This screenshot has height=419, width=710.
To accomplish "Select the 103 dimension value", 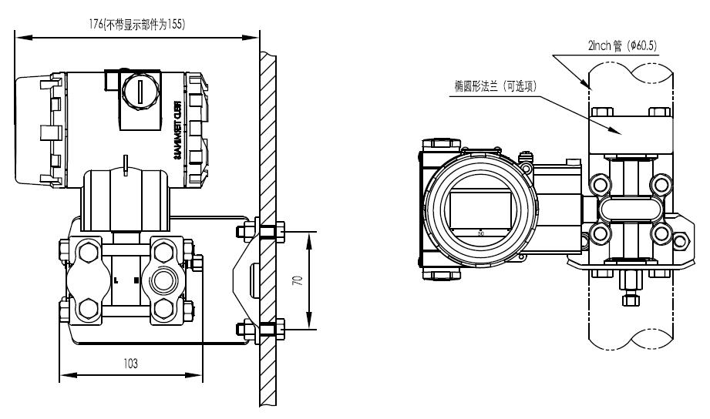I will pyautogui.click(x=131, y=363).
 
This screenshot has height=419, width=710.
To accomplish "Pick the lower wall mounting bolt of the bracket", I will pyautogui.click(x=261, y=330).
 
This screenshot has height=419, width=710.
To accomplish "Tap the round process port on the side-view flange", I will pyautogui.click(x=164, y=279).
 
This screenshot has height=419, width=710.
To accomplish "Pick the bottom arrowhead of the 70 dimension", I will pyautogui.click(x=309, y=326).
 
